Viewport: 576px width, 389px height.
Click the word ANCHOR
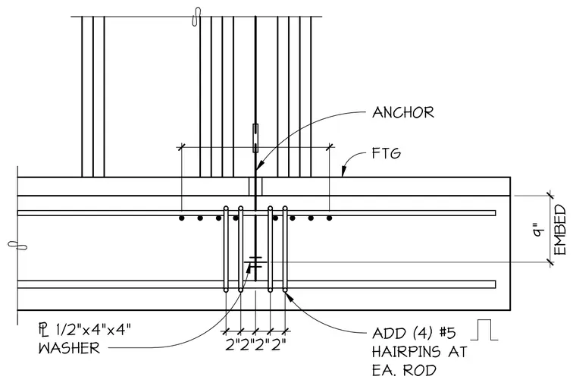coord(403,112)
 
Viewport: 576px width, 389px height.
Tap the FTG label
coord(386,153)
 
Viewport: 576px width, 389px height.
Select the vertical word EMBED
coord(560,231)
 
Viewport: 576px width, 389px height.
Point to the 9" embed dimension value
coord(538,229)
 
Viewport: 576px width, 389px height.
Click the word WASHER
coord(69,348)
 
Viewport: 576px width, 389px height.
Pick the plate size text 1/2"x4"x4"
coord(93,329)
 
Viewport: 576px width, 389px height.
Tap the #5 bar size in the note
coord(447,333)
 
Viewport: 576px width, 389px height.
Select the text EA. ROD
coord(404,370)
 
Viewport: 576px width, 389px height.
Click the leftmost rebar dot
coord(181,218)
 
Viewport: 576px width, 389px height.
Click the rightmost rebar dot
coord(330,218)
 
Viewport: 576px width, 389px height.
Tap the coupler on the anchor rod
coord(255,138)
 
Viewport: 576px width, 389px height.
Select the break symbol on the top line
coord(197,17)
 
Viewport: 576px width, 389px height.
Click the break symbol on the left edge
coord(17,245)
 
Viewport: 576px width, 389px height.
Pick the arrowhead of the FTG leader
coord(344,171)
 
